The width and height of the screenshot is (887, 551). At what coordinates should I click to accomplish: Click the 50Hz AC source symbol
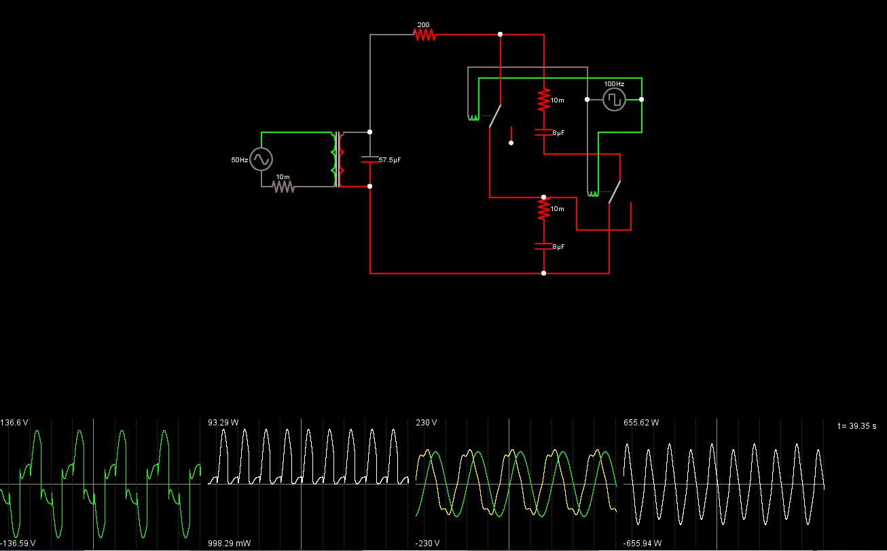point(261,159)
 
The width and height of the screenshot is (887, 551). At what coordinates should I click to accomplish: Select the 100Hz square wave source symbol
point(614,99)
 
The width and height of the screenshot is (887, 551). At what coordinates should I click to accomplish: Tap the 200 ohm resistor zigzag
point(425,35)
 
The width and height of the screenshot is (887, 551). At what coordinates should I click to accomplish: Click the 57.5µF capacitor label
point(390,159)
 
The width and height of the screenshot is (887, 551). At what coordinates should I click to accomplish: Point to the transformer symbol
point(338,159)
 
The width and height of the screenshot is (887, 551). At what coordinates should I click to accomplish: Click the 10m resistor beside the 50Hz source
point(283,187)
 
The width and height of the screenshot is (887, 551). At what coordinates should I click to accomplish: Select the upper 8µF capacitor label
point(558,133)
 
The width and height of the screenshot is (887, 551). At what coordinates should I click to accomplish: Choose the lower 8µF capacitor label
point(558,247)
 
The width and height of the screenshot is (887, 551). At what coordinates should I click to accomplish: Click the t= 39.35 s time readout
point(857,426)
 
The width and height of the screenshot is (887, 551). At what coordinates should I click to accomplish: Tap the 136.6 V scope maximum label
point(14,423)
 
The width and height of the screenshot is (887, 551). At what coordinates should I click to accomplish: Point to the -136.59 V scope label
point(18,543)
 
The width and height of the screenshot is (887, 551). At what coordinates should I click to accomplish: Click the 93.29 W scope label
point(223,423)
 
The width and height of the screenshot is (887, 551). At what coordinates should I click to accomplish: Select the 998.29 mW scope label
point(230,543)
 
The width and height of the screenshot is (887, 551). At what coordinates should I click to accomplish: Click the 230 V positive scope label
point(427,423)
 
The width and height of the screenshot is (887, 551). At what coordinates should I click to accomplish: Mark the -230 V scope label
point(428,543)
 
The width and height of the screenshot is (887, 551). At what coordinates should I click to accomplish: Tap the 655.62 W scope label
point(641,423)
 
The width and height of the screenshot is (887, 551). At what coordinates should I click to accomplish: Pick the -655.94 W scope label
point(642,543)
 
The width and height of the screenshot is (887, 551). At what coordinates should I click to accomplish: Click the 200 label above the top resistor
point(423,25)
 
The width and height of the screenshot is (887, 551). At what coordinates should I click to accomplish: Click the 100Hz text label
point(614,84)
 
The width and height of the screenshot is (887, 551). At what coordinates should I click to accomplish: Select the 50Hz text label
point(240,159)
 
